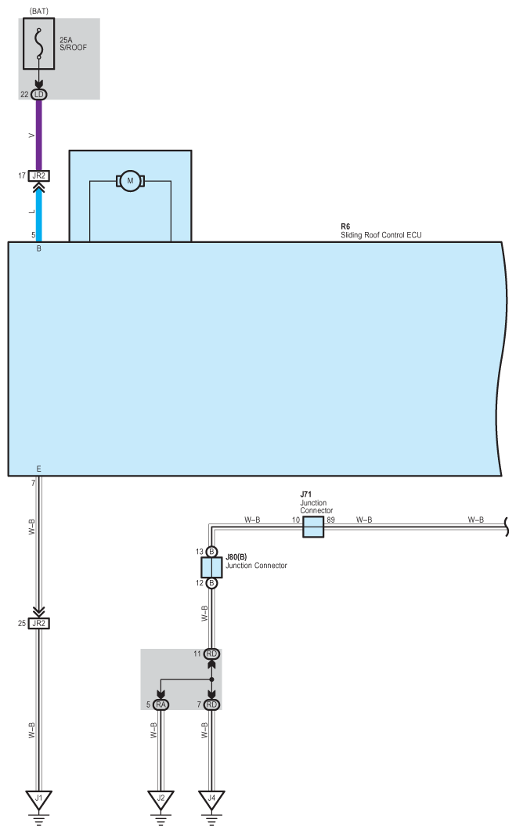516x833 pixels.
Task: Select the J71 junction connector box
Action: click(313, 527)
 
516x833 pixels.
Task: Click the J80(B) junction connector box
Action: click(211, 567)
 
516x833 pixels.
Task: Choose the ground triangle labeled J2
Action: click(161, 800)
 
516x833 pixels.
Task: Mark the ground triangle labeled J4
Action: click(211, 800)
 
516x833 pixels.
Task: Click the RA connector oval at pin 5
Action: click(161, 705)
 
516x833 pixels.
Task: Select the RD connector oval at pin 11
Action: click(211, 654)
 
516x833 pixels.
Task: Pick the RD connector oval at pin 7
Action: click(211, 705)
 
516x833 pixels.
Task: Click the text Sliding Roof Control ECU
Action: click(381, 234)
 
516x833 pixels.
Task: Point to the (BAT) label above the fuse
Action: click(39, 10)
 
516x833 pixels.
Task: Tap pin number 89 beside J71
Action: click(331, 520)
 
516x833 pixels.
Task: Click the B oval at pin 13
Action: click(211, 552)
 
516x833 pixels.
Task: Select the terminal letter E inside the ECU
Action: click(39, 469)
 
